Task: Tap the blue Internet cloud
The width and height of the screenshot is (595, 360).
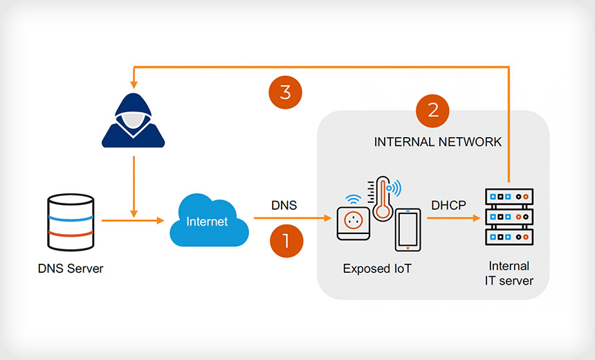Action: point(208,222)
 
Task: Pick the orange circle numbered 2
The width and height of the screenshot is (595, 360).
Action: point(433,111)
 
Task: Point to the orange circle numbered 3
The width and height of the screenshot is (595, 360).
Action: point(286,93)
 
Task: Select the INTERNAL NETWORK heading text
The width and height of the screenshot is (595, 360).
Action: point(437,142)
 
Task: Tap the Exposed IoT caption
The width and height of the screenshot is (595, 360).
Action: point(377,269)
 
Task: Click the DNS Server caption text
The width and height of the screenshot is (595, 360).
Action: point(71,269)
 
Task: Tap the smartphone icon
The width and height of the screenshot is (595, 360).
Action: point(408,229)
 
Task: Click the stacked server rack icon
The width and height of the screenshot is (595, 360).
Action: point(511,217)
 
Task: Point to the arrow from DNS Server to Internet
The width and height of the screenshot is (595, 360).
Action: point(131,221)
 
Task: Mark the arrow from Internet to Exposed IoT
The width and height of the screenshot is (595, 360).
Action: point(291,218)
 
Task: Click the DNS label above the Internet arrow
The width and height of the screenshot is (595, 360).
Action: point(284,206)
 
